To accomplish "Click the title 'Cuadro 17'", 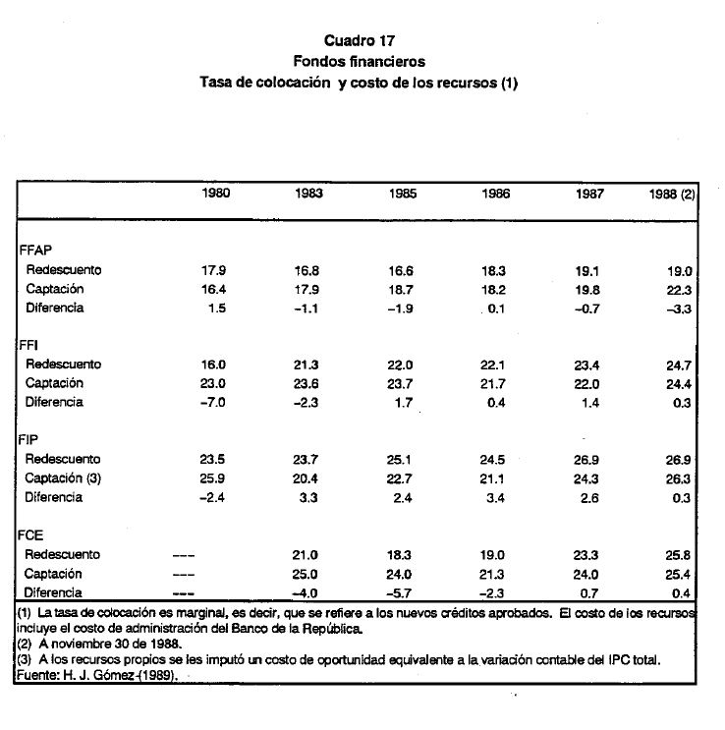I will (x=358, y=41).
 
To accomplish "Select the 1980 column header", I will (x=216, y=194).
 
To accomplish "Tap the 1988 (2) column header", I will (x=672, y=195).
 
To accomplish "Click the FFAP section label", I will (x=35, y=251).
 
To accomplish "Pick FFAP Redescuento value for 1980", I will (x=215, y=270).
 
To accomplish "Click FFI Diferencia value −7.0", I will (x=213, y=403).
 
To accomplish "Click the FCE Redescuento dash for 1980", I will (x=183, y=555).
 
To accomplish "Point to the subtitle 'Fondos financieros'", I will (x=358, y=62).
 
